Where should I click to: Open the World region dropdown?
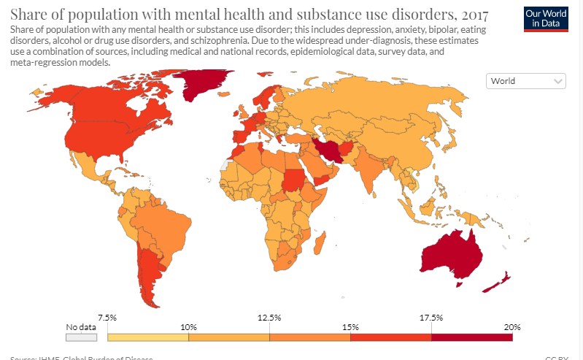click(x=526, y=81)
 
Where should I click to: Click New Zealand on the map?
click(x=498, y=282)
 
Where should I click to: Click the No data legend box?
click(x=81, y=337)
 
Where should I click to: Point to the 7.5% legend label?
click(x=107, y=317)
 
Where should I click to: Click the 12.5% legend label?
click(x=269, y=317)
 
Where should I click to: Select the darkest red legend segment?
click(x=471, y=337)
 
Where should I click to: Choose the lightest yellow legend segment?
click(x=147, y=337)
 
